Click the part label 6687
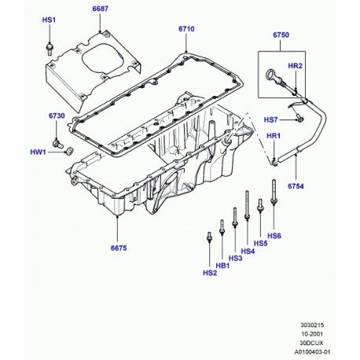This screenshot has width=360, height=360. click(100, 9)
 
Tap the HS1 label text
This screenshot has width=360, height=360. click(49, 20)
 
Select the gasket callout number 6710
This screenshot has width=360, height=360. click(186, 29)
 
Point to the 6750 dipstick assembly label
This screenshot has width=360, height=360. click(281, 35)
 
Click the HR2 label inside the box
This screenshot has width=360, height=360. click(295, 66)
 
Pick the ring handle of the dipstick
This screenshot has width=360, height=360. click(270, 75)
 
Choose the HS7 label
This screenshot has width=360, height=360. click(270, 120)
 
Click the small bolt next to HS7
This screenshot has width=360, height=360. click(299, 118)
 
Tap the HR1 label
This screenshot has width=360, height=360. click(274, 136)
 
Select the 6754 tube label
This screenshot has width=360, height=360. click(296, 186)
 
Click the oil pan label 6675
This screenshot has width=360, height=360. click(119, 248)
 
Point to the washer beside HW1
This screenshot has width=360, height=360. click(69, 151)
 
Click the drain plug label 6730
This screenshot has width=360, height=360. click(57, 116)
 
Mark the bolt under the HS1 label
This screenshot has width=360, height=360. click(50, 49)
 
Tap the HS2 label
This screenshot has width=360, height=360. click(210, 273)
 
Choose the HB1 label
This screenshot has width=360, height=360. click(222, 266)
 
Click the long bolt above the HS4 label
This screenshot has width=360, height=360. click(247, 205)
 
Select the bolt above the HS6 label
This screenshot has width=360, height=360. click(274, 192)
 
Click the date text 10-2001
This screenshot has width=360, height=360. click(312, 334)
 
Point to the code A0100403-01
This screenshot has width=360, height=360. click(312, 352)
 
